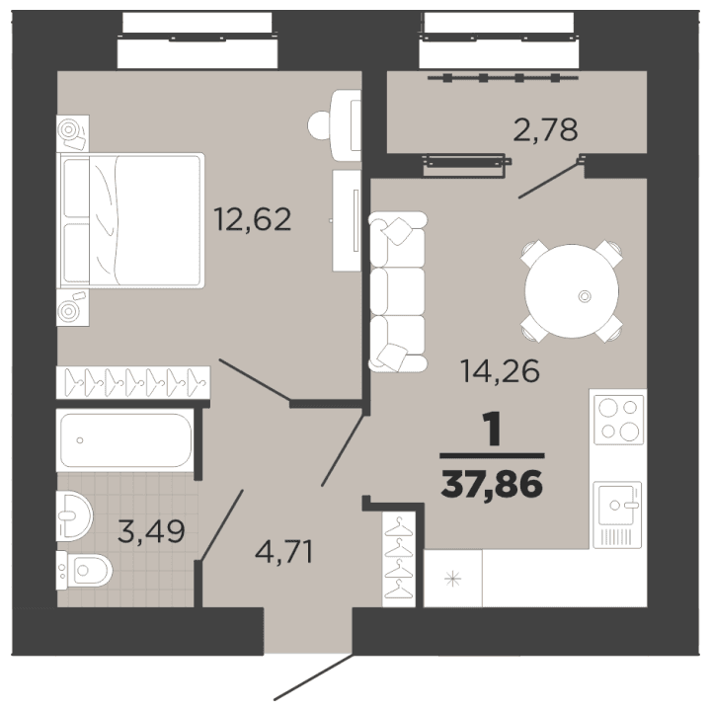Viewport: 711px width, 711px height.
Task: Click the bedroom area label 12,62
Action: [x=253, y=218]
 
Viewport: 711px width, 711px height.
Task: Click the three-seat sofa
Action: [x=397, y=293]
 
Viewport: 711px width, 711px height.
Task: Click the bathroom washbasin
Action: [x=74, y=511]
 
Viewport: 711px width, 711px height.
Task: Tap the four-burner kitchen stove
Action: [x=617, y=419]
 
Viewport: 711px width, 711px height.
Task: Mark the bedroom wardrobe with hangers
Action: [x=133, y=380]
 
